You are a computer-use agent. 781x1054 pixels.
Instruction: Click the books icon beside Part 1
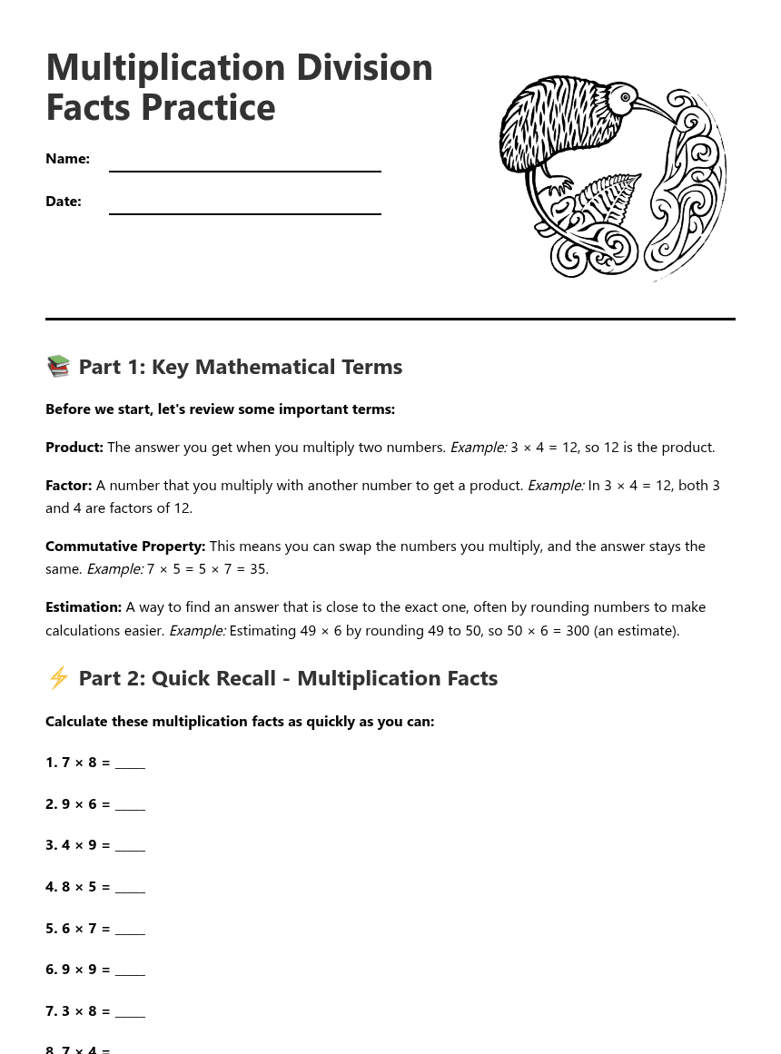pyautogui.click(x=58, y=367)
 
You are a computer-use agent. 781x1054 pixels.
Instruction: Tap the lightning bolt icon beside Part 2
pyautogui.click(x=58, y=678)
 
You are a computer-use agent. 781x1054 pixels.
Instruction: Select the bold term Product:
pyautogui.click(x=74, y=448)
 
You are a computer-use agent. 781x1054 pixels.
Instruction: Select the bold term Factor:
pyautogui.click(x=69, y=486)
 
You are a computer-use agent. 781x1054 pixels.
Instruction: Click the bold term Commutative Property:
pyautogui.click(x=125, y=547)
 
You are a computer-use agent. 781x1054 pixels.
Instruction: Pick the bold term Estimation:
pyautogui.click(x=84, y=607)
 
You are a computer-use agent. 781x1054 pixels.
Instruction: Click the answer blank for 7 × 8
pyautogui.click(x=130, y=763)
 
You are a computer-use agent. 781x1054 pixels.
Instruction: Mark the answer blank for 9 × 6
pyautogui.click(x=130, y=805)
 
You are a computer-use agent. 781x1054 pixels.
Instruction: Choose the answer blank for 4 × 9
pyautogui.click(x=130, y=846)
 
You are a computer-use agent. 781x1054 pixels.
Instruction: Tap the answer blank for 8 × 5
pyautogui.click(x=130, y=888)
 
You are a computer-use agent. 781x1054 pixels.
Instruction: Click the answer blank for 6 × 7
pyautogui.click(x=130, y=930)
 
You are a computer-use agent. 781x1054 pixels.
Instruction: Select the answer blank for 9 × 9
pyautogui.click(x=130, y=970)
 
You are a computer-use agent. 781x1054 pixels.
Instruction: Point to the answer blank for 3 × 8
pyautogui.click(x=130, y=1012)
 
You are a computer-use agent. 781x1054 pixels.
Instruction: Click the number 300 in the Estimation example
pyautogui.click(x=578, y=631)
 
